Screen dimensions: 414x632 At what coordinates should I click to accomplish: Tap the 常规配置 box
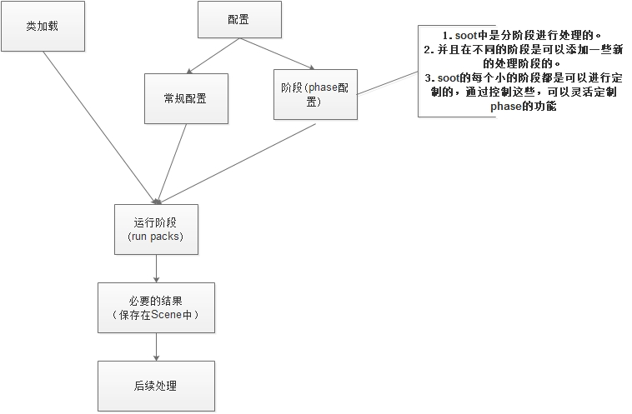pyautogui.click(x=185, y=98)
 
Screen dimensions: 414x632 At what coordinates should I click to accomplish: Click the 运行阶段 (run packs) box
pyautogui.click(x=156, y=229)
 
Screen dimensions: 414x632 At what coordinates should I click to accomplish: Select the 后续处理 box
pyautogui.click(x=156, y=386)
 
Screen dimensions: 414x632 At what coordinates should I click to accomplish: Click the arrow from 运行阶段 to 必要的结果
pyautogui.click(x=157, y=268)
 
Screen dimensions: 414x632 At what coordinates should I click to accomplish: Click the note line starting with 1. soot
pyautogui.click(x=524, y=37)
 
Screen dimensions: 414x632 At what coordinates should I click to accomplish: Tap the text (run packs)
pyautogui.click(x=156, y=237)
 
